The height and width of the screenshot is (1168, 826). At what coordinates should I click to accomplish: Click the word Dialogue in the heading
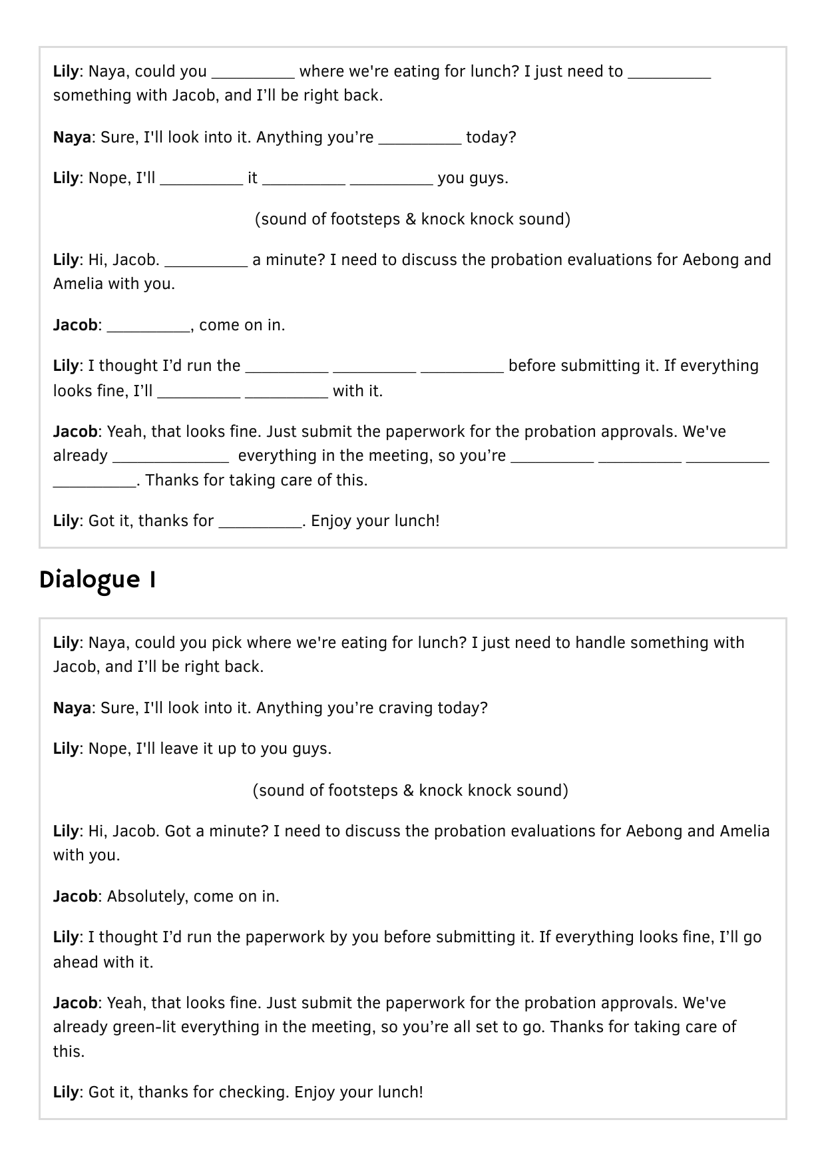coord(89,580)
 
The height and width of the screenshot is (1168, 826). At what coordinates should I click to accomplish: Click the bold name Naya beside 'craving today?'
coord(72,708)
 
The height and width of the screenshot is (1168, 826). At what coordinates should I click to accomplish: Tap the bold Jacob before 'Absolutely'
coord(75,896)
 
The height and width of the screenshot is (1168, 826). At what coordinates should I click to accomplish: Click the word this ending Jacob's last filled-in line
coord(69,1051)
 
